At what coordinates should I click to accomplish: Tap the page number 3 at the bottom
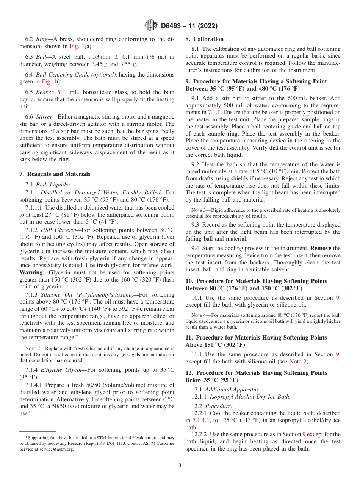(180, 465)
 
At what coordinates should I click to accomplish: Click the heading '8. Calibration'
(204, 39)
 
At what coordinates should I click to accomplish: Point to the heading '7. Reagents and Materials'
(55, 174)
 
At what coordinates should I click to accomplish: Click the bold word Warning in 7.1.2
(31, 272)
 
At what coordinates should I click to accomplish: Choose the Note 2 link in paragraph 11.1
(299, 361)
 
